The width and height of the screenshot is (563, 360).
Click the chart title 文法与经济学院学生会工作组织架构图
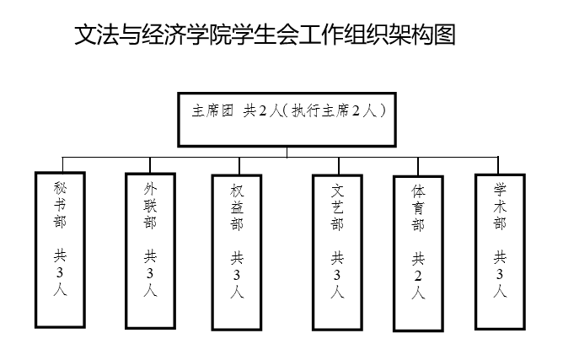coord(265,35)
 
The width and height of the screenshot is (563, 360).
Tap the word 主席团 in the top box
coord(212,110)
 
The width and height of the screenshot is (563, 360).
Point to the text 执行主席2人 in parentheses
coord(334,110)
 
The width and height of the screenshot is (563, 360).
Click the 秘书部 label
coord(60,205)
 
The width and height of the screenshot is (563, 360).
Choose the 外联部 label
coord(150,206)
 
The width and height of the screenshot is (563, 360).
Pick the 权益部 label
coord(237,207)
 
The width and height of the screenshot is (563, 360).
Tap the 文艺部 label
coord(337,207)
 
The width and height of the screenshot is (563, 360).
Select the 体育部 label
coord(418,208)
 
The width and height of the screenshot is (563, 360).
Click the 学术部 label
coord(500,207)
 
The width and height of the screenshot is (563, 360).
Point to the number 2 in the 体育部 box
coord(418,276)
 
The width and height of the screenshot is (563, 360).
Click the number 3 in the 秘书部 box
coord(60,273)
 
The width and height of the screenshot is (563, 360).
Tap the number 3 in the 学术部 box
coord(500,275)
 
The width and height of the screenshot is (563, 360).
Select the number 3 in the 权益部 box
coord(237,276)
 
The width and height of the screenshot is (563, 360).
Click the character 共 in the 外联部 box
coord(150,256)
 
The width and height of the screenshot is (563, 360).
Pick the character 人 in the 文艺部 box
coord(337,292)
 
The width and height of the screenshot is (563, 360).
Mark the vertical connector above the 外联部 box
coord(150,165)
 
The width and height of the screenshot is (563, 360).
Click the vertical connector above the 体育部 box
coord(418,167)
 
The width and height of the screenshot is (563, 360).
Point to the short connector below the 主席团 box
coord(287,152)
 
